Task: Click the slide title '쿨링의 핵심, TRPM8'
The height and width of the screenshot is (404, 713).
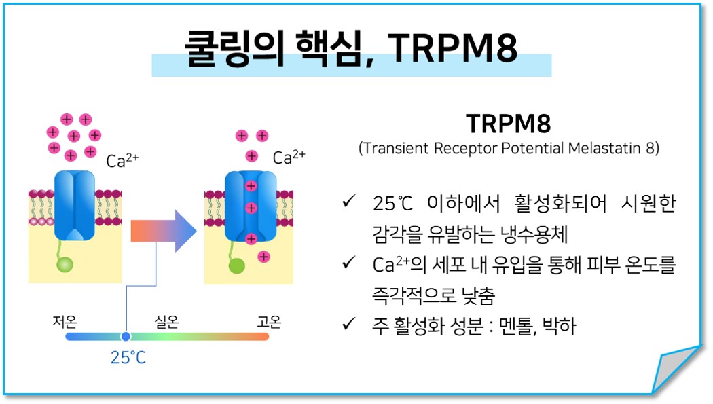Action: pyautogui.click(x=351, y=48)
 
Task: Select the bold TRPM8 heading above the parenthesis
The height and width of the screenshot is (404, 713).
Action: pyautogui.click(x=509, y=124)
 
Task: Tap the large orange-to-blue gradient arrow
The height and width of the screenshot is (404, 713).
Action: pyautogui.click(x=164, y=231)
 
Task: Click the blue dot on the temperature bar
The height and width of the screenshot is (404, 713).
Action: pyautogui.click(x=126, y=336)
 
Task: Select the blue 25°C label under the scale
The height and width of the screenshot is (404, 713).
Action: pyautogui.click(x=128, y=357)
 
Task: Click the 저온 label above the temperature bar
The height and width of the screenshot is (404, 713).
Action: pyautogui.click(x=65, y=322)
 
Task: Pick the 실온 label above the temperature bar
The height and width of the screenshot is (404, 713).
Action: pyautogui.click(x=167, y=322)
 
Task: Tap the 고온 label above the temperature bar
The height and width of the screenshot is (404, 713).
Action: pyautogui.click(x=269, y=322)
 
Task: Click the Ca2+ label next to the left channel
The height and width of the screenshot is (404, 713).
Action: pyautogui.click(x=122, y=160)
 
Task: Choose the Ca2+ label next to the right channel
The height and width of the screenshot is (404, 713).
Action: pyautogui.click(x=289, y=157)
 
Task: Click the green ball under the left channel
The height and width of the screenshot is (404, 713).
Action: pyautogui.click(x=65, y=265)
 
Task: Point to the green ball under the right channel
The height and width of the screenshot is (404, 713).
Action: pyautogui.click(x=236, y=266)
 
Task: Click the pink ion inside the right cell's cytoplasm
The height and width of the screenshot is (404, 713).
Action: pyautogui.click(x=263, y=257)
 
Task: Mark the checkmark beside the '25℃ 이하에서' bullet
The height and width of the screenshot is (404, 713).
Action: pyautogui.click(x=349, y=200)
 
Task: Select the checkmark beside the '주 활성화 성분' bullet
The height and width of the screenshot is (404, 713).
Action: pyautogui.click(x=349, y=324)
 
